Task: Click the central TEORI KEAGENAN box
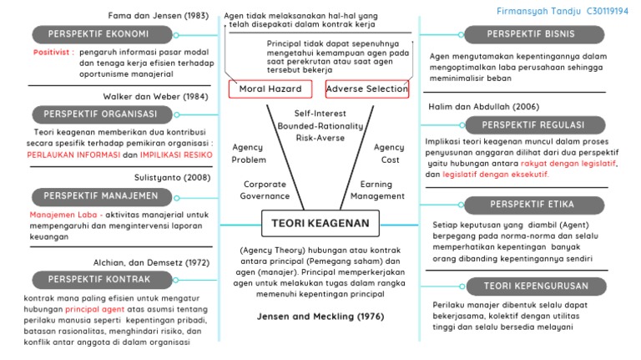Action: coord(320,222)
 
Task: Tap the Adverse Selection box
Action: coord(367,89)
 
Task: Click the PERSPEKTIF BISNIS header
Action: coord(530,34)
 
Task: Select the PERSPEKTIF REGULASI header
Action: coord(530,124)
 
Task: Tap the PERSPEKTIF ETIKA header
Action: coord(530,205)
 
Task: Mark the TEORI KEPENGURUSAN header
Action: coord(530,286)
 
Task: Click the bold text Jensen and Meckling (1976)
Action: coord(320,317)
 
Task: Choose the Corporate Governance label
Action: coord(265,190)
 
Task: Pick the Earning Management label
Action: coord(376,190)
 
